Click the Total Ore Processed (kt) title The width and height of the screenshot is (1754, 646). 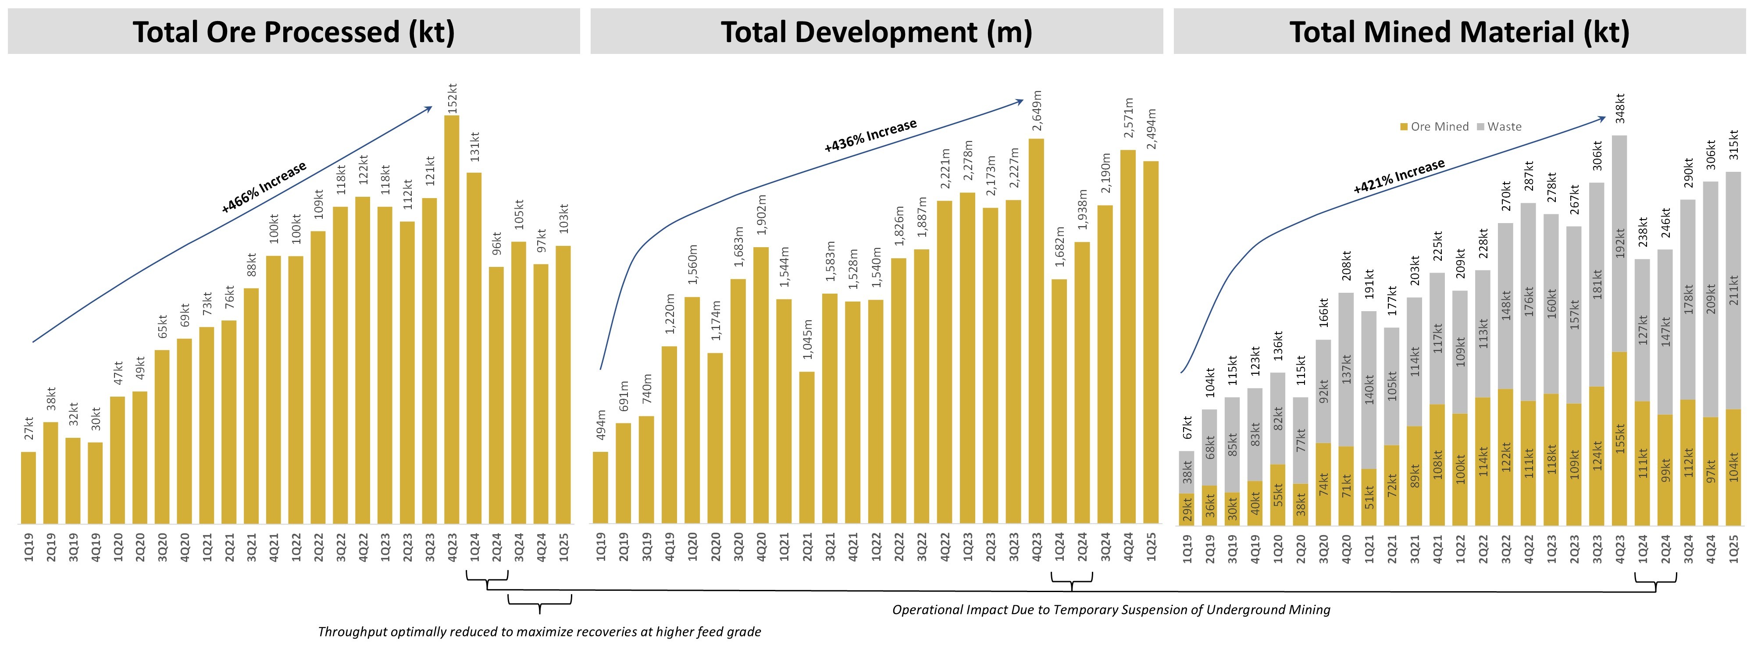(x=293, y=32)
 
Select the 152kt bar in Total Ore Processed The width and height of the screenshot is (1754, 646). (x=452, y=320)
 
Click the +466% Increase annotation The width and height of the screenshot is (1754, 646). (x=264, y=187)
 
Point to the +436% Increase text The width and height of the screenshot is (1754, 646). (x=870, y=135)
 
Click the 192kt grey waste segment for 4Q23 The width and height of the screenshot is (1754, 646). (x=1620, y=243)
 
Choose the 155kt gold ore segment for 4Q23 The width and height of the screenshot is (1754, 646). (x=1620, y=438)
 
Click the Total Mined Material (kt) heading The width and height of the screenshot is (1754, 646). (x=1459, y=32)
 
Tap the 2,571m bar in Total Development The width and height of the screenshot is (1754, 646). (x=1127, y=337)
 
